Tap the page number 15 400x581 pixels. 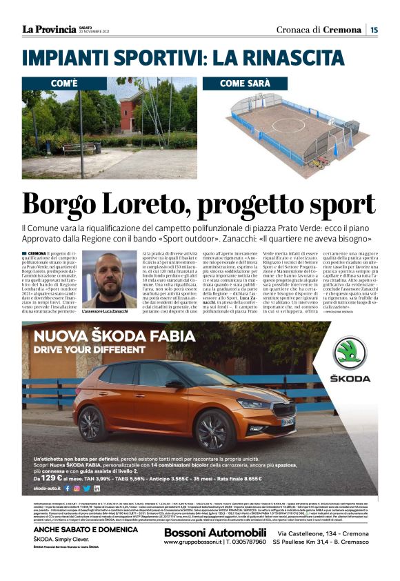tap(373, 30)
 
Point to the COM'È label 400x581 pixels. tap(69, 83)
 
